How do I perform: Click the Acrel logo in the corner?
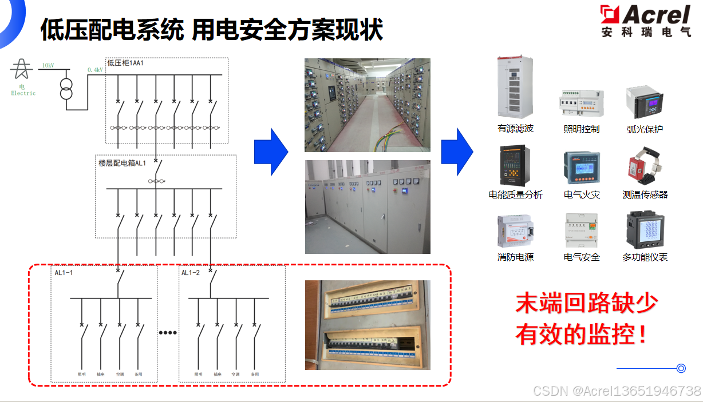point(645,21)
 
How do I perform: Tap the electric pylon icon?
point(22,69)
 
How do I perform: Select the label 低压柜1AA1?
point(125,63)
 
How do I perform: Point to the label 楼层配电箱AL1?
point(123,163)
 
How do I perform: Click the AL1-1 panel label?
point(64,273)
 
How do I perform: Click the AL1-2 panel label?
point(191,273)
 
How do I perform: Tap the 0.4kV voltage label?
point(95,70)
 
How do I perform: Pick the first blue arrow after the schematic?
point(271,152)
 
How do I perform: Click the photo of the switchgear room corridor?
point(367,105)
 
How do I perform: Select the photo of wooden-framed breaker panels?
point(367,324)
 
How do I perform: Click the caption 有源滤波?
point(515,129)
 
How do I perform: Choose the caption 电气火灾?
point(582,195)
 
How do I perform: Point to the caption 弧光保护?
point(645,129)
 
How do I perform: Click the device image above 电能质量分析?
point(515,166)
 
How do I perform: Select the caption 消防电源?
point(515,257)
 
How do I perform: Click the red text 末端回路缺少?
point(587,303)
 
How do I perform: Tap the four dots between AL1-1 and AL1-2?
point(168,333)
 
